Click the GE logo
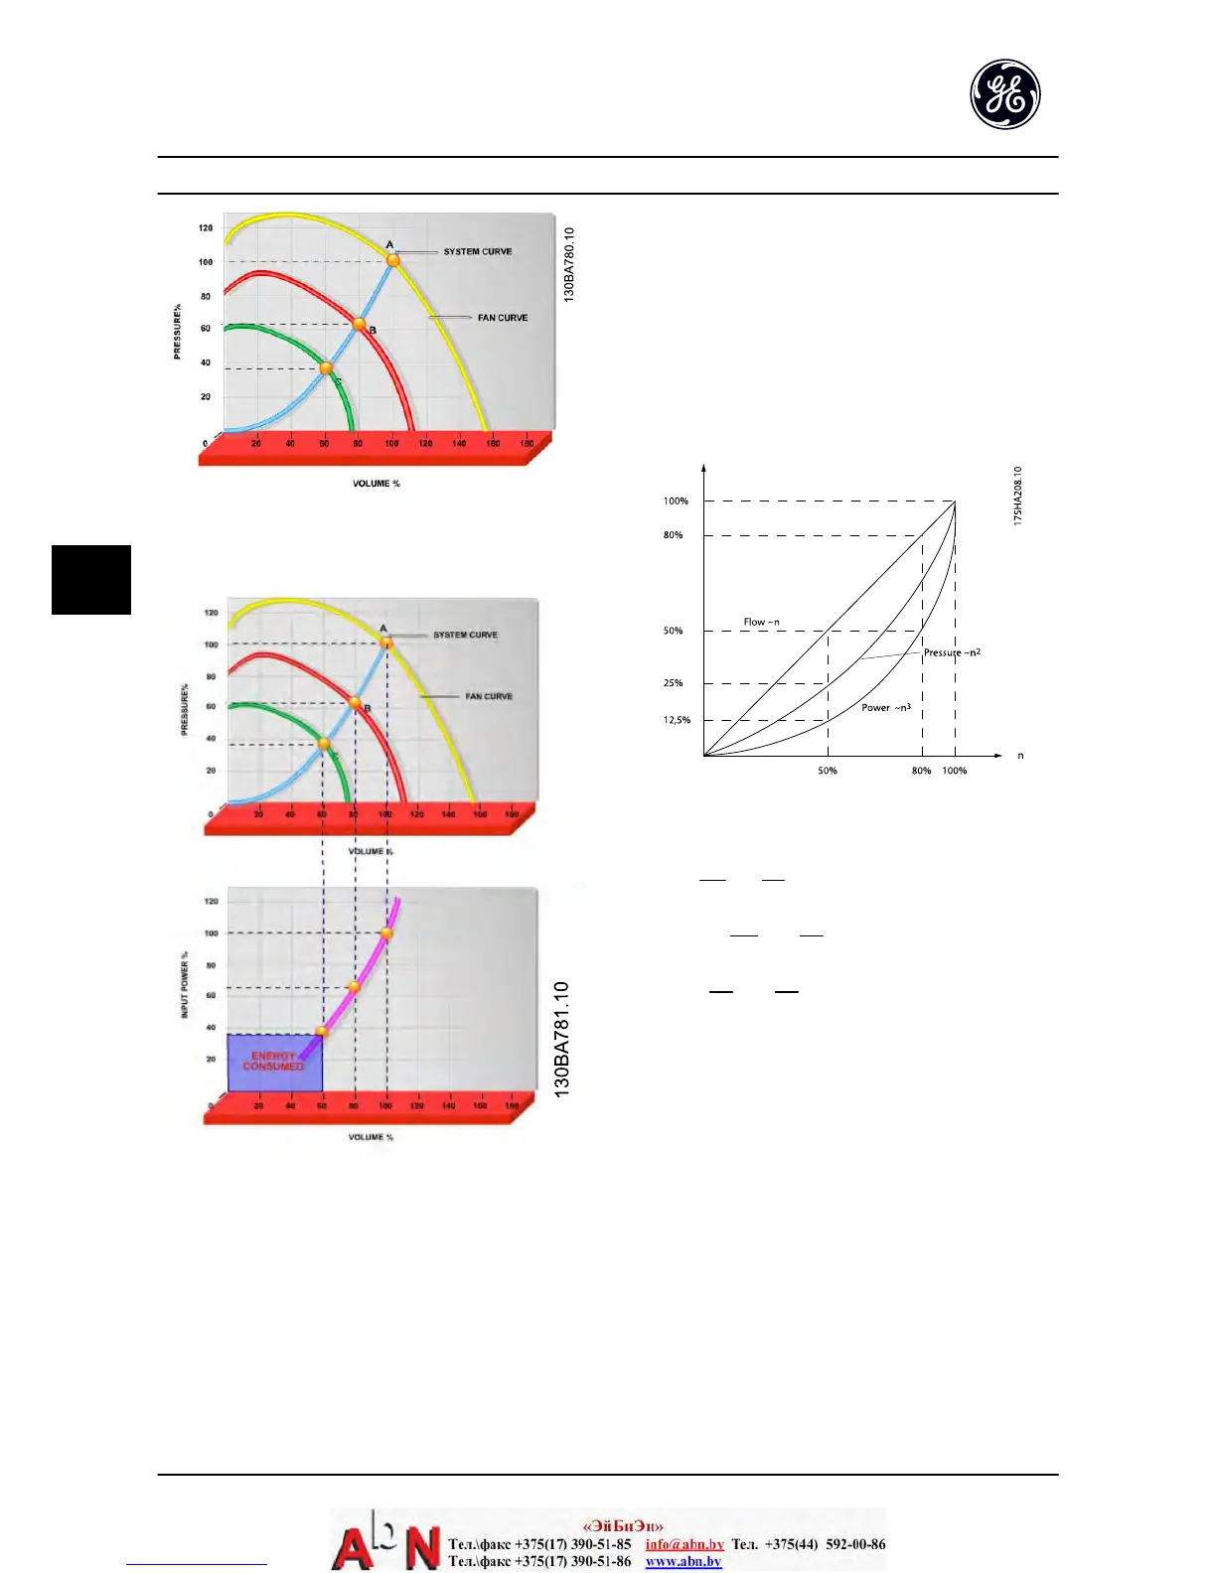pyautogui.click(x=1004, y=94)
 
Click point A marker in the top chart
pyautogui.click(x=393, y=260)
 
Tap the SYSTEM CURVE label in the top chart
pyautogui.click(x=478, y=252)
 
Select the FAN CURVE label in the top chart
pyautogui.click(x=503, y=318)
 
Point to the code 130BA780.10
pyautogui.click(x=569, y=264)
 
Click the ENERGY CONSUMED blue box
pyautogui.click(x=275, y=1063)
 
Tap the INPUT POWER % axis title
pyautogui.click(x=185, y=984)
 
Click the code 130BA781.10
pyautogui.click(x=562, y=1039)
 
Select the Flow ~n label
pyautogui.click(x=762, y=623)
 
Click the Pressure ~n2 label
pyautogui.click(x=952, y=652)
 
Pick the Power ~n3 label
pyautogui.click(x=886, y=708)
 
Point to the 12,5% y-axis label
pyautogui.click(x=678, y=720)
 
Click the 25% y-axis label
pyautogui.click(x=674, y=683)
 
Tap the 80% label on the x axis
pyautogui.click(x=922, y=771)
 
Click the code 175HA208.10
pyautogui.click(x=1018, y=496)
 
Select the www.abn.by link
pyautogui.click(x=684, y=1561)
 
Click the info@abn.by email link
pyautogui.click(x=684, y=1544)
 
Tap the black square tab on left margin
pyautogui.click(x=91, y=580)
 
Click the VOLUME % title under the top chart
pyautogui.click(x=377, y=484)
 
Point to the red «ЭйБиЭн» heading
pyautogui.click(x=623, y=1526)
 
